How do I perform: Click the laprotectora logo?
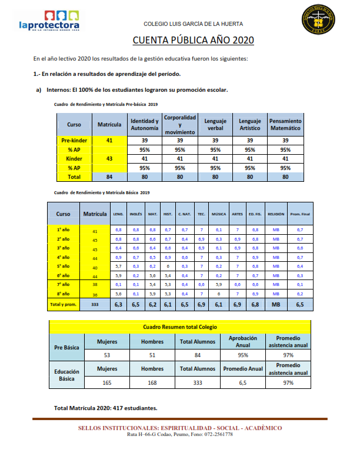click(x=49, y=21)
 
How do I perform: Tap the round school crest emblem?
click(x=318, y=23)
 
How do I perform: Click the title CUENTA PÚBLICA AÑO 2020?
click(x=193, y=40)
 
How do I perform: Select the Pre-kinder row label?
click(x=74, y=141)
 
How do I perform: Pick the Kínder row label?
click(x=74, y=158)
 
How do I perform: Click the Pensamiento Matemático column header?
click(x=285, y=124)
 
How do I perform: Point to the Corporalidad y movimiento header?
click(x=180, y=125)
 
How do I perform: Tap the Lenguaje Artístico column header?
click(x=250, y=124)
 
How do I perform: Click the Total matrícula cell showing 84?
click(x=109, y=176)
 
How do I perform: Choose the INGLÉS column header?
click(x=135, y=214)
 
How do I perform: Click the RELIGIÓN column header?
click(x=275, y=214)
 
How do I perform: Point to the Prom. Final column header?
click(x=300, y=214)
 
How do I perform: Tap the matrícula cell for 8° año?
click(x=95, y=294)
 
